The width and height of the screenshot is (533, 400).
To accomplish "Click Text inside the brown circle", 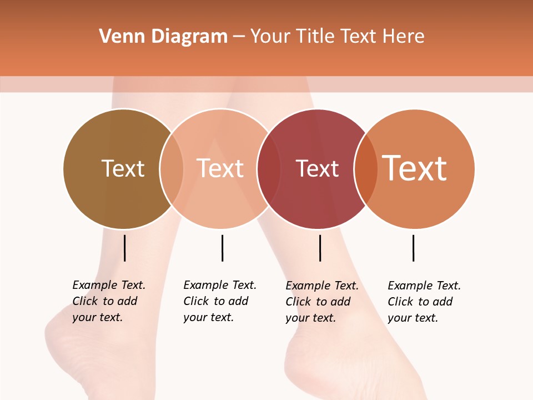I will click(x=123, y=168).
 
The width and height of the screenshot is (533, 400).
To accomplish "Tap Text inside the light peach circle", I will click(x=220, y=168).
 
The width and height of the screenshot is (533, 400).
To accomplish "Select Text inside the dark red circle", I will click(x=317, y=168).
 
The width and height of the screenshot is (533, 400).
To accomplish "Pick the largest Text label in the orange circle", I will click(x=415, y=168).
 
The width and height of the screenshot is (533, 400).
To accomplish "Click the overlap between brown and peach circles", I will click(x=172, y=169).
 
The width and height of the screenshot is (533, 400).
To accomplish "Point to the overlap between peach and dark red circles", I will click(x=269, y=169).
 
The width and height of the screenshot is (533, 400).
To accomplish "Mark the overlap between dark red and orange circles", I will click(x=366, y=169).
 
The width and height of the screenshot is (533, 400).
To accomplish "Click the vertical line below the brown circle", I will click(x=125, y=248).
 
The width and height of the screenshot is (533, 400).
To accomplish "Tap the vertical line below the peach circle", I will click(x=222, y=248).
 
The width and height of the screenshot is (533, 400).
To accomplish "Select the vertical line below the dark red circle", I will click(x=320, y=248).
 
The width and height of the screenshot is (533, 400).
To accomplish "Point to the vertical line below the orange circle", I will click(x=413, y=248).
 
